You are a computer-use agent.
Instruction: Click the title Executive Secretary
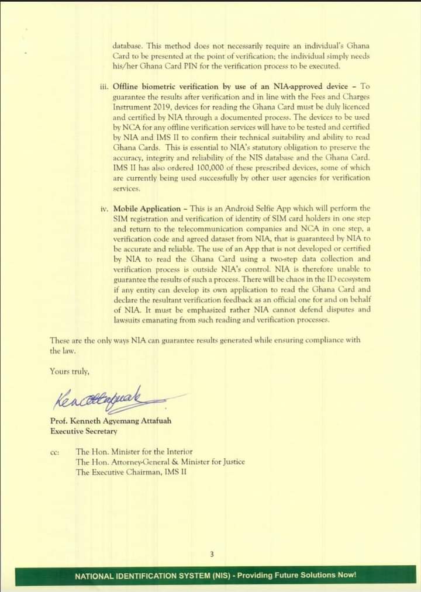pyautogui.click(x=84, y=431)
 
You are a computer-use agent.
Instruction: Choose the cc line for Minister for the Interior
pyautogui.click(x=134, y=452)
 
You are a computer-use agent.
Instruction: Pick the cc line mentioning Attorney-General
pyautogui.click(x=160, y=462)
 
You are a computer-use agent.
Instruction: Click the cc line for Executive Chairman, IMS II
pyautogui.click(x=131, y=472)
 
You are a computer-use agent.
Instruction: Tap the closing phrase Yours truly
pyautogui.click(x=70, y=371)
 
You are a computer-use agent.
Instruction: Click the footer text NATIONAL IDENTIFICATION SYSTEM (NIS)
pyautogui.click(x=153, y=576)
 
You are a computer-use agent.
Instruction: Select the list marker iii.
pyautogui.click(x=104, y=86)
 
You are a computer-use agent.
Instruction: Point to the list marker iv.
pyautogui.click(x=105, y=209)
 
